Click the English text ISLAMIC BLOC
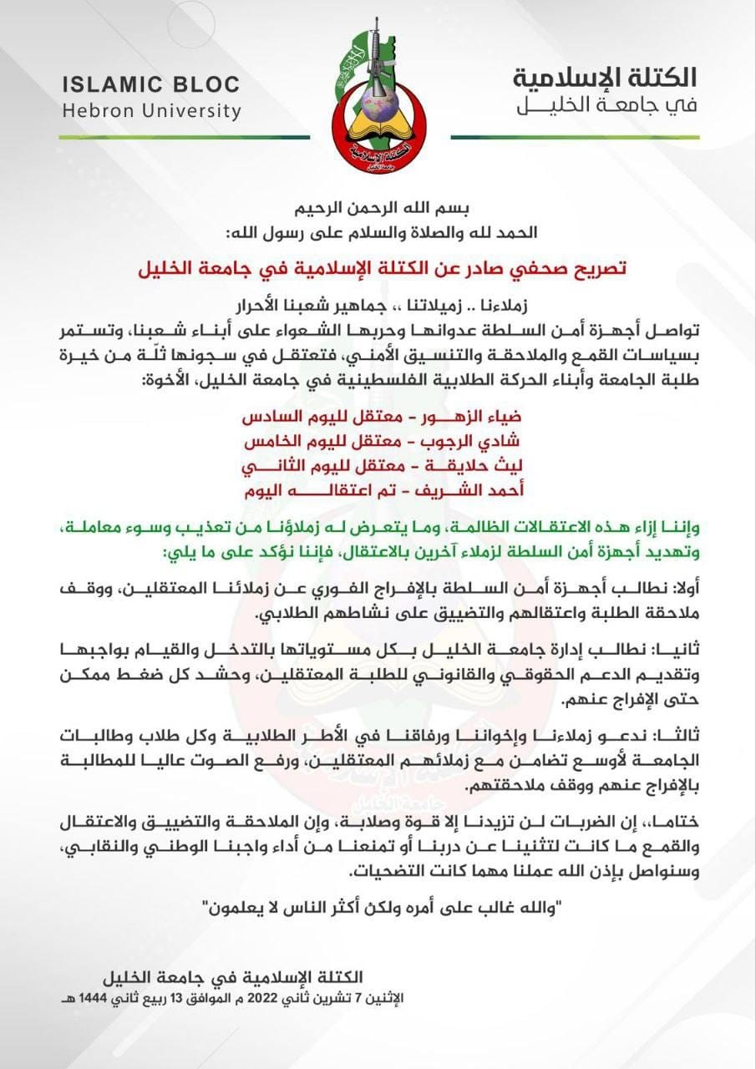pos(150,84)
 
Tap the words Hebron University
pos(151,110)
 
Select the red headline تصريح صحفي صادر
pos(381,269)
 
